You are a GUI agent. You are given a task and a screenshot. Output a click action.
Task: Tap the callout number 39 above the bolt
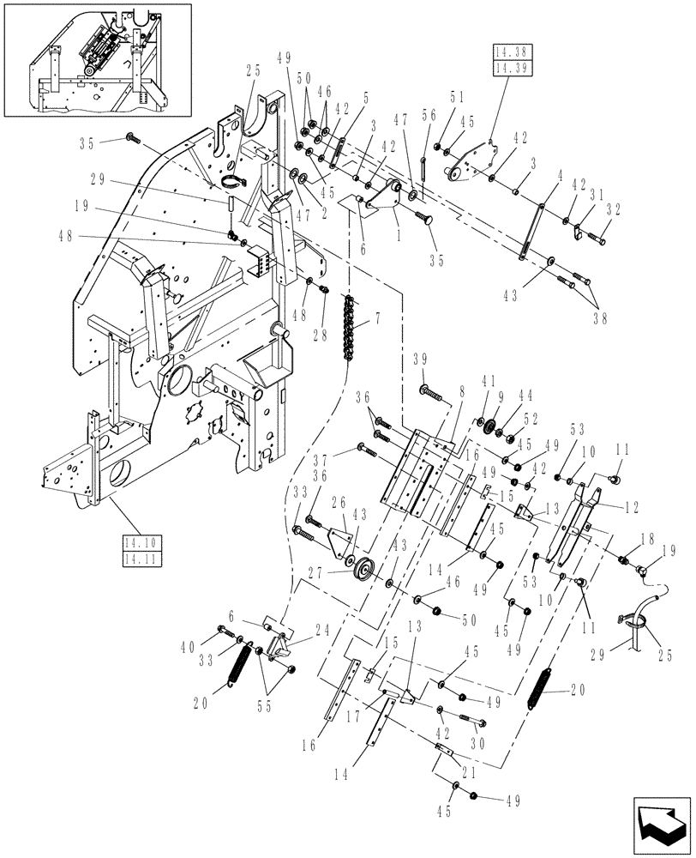(421, 360)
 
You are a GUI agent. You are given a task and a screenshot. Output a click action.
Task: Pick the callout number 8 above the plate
(462, 390)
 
